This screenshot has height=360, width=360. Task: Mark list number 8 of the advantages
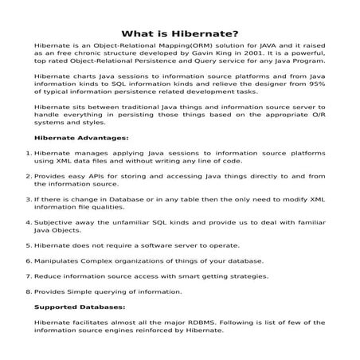click(x=29, y=292)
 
